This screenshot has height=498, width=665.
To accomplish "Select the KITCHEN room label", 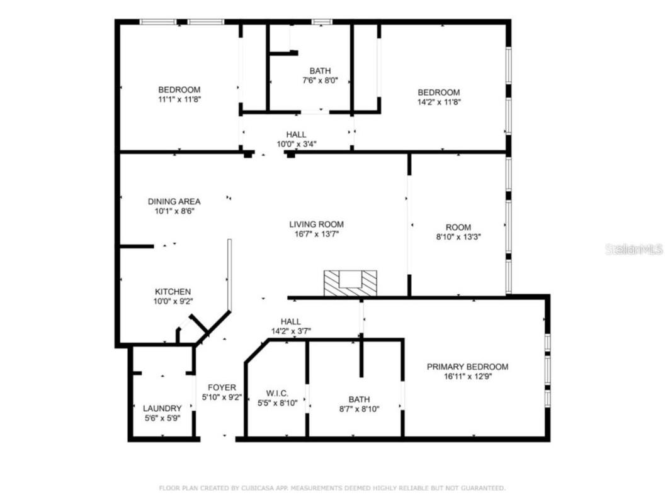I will click(173, 292).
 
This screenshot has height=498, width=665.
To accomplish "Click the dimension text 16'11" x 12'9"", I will click(467, 377).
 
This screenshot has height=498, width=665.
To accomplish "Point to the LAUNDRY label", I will click(162, 408).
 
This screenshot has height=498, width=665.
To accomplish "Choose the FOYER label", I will click(222, 387).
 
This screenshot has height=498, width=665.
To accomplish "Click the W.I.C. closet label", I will click(278, 393).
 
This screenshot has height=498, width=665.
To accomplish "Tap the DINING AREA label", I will click(174, 202).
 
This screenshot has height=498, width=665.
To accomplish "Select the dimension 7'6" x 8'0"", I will click(320, 80).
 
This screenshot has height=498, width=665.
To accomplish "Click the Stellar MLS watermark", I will click(634, 250).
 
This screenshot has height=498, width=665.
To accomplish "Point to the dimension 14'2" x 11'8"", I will click(438, 102).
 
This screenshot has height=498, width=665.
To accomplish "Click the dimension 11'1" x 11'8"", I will click(179, 99).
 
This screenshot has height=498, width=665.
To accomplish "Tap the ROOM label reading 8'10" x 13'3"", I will click(458, 228).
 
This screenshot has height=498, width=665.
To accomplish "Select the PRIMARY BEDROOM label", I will click(467, 367).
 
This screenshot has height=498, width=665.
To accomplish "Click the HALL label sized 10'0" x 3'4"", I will click(296, 135).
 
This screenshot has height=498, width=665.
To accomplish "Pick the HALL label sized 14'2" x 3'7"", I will click(290, 321).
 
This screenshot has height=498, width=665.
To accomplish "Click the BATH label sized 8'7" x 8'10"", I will click(359, 399).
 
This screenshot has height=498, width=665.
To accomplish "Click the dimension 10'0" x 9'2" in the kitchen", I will click(173, 301).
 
